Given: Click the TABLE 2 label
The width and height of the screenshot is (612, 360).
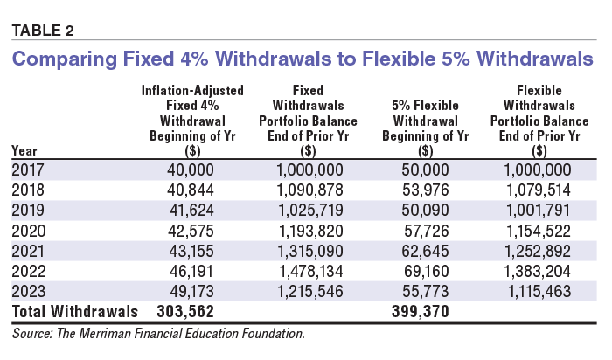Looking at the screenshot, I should [x=42, y=31].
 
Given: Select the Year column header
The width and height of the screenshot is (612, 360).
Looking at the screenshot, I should [x=24, y=150].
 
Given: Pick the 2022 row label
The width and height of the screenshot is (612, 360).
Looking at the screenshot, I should [x=29, y=271].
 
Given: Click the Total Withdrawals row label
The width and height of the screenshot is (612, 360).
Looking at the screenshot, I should [x=74, y=310].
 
